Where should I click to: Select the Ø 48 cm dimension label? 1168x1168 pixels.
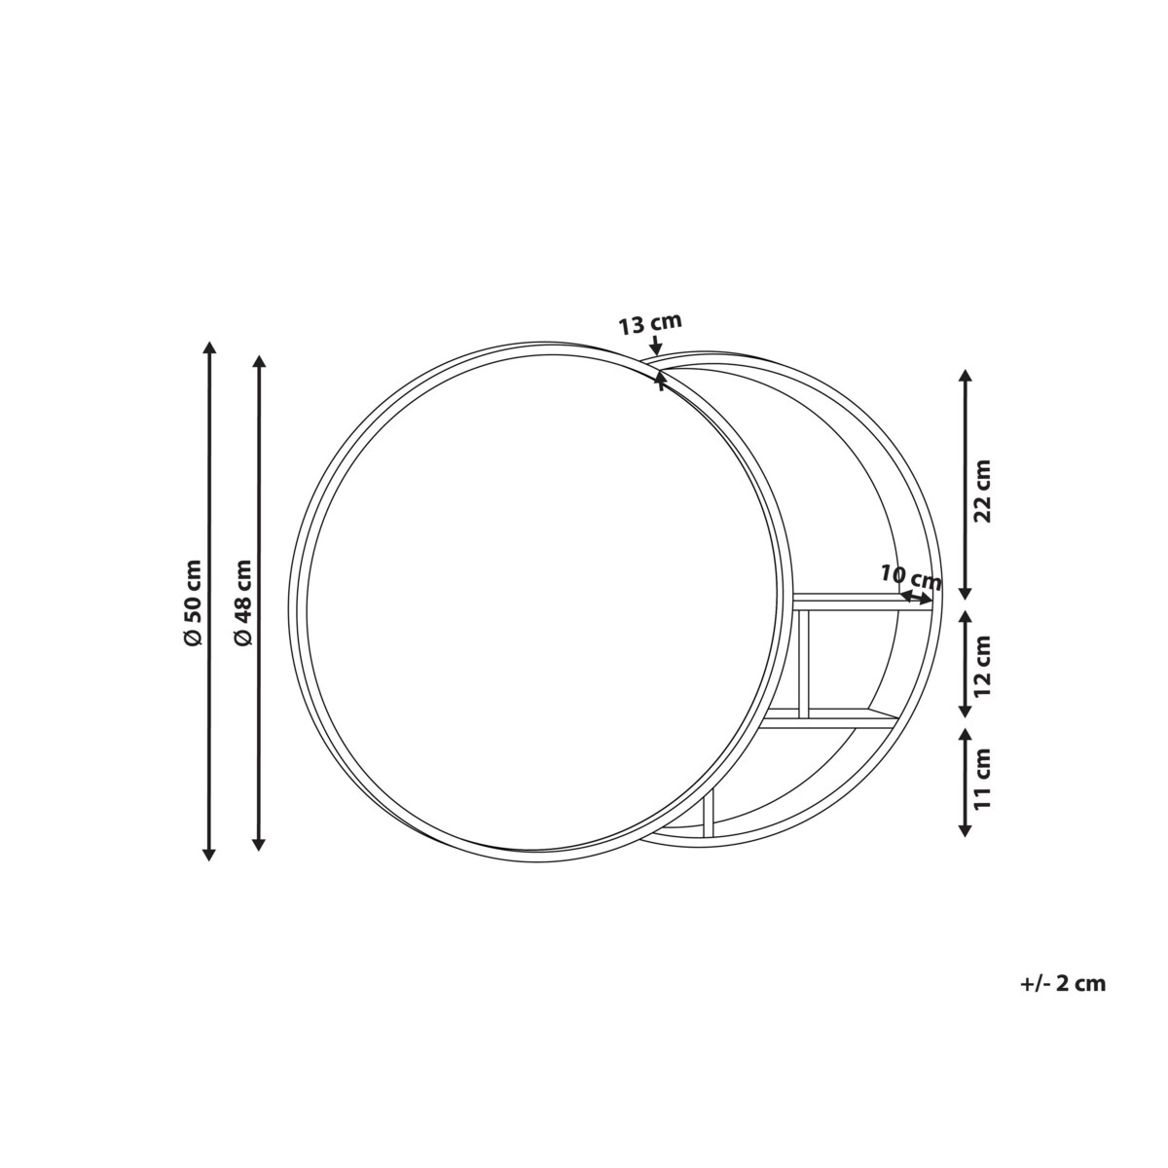click(x=243, y=602)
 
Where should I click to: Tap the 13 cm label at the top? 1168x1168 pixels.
click(x=650, y=324)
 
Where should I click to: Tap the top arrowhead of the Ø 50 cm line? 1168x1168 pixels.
click(x=209, y=347)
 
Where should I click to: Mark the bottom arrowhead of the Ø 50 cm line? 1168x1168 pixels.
click(x=209, y=854)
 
